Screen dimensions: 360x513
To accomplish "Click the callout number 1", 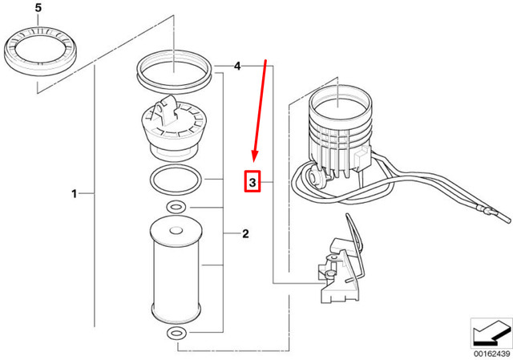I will click(75, 193).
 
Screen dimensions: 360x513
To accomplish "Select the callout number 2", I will click(245, 234).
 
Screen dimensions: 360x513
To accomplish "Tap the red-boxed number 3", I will click(252, 184).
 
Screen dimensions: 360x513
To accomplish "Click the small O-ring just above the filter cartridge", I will click(175, 209).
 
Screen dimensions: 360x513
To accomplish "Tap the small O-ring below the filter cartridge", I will click(175, 333).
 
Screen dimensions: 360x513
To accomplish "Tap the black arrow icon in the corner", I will click(491, 330).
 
